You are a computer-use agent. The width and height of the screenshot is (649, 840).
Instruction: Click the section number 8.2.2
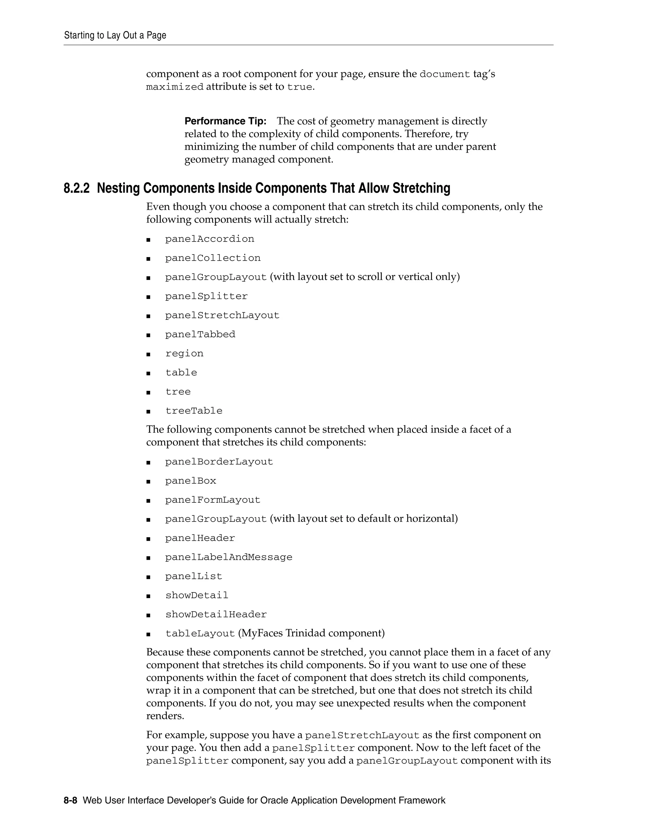click(76, 189)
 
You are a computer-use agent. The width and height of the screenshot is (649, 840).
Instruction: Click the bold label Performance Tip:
click(225, 121)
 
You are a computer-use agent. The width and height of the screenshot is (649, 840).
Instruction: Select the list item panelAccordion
click(209, 239)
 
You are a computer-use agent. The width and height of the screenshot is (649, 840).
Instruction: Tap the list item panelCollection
click(213, 258)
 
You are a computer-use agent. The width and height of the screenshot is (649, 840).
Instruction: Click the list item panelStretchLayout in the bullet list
click(222, 315)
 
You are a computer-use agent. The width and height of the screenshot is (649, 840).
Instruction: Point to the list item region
click(184, 353)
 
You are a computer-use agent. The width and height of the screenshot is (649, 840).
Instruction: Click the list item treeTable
click(194, 411)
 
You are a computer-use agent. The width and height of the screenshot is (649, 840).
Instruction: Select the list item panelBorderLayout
click(219, 462)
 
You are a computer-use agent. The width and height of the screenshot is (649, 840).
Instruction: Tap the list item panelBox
click(191, 481)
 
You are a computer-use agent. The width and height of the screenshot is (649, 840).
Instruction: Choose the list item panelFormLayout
click(213, 500)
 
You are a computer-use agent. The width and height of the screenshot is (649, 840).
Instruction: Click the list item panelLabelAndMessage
click(229, 557)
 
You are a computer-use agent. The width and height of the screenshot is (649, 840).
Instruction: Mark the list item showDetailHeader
click(216, 615)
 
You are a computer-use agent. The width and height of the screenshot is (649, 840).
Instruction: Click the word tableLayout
click(200, 633)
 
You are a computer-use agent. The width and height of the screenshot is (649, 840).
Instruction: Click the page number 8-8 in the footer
click(70, 801)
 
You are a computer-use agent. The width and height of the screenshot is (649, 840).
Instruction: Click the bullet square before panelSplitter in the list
click(148, 297)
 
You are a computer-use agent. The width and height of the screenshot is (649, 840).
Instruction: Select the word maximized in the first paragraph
click(175, 87)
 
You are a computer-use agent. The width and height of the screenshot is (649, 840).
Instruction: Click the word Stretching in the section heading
click(421, 189)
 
